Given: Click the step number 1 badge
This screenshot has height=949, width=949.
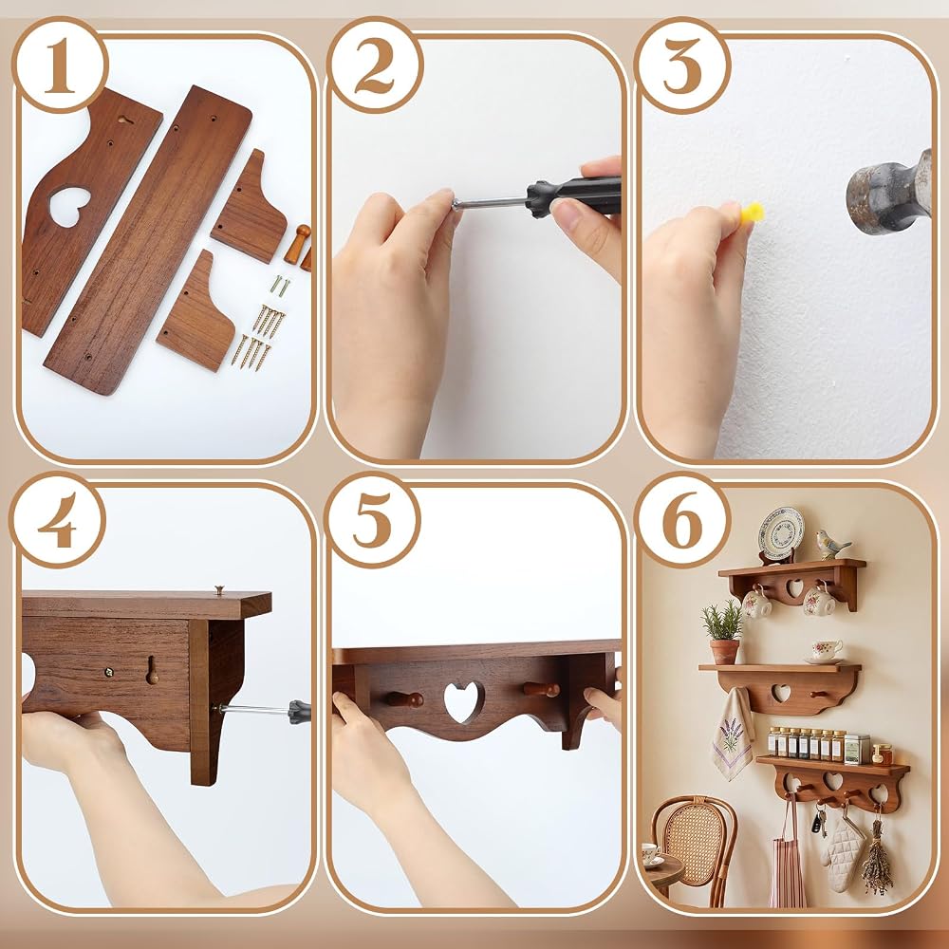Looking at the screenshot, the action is (x=60, y=65).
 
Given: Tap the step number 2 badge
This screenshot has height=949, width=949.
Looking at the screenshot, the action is (x=375, y=65).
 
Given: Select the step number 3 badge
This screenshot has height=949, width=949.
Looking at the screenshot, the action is (x=682, y=65).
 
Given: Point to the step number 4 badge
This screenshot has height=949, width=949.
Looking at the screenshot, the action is (x=58, y=520).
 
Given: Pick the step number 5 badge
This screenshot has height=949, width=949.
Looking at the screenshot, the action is (x=372, y=520).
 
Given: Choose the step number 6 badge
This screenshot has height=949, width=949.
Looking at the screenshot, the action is (x=682, y=520).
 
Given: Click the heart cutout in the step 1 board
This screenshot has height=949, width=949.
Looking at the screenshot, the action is (x=69, y=206).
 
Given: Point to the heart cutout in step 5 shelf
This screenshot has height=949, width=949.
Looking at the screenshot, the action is (x=463, y=701).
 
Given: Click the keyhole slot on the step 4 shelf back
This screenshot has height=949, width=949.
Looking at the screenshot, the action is (x=152, y=670).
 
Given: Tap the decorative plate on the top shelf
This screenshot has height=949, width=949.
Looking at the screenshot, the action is (x=781, y=533).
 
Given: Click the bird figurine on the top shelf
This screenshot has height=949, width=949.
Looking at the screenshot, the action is (x=830, y=545).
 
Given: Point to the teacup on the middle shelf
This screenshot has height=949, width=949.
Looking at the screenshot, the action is (x=827, y=650).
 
